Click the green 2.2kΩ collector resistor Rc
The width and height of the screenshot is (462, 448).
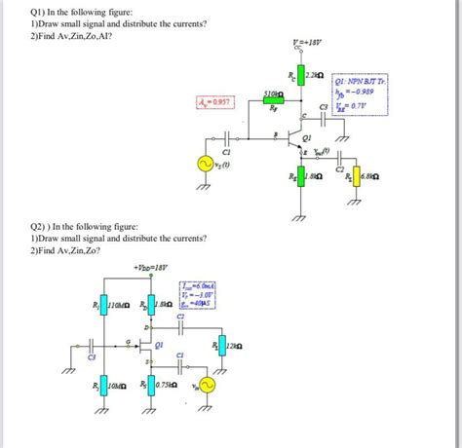click(x=299, y=74)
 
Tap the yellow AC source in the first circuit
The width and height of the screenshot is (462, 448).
click(x=208, y=167)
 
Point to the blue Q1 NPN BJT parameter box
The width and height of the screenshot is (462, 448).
click(x=360, y=96)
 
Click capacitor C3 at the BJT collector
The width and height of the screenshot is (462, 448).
click(x=326, y=121)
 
